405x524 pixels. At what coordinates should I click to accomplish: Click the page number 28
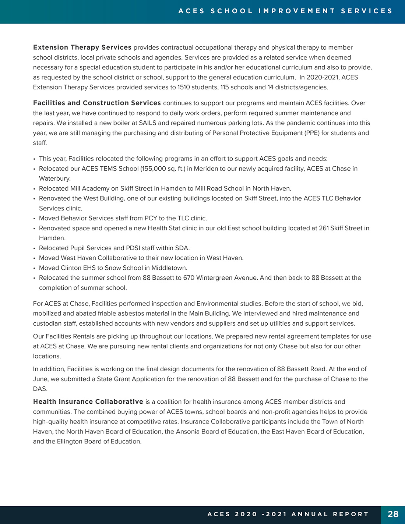click(393, 514)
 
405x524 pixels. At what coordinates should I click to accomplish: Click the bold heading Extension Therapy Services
click(82, 47)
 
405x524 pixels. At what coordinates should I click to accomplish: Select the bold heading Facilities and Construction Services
click(97, 103)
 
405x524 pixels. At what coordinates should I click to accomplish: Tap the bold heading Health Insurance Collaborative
click(88, 402)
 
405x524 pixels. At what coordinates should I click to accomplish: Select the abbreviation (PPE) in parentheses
click(312, 133)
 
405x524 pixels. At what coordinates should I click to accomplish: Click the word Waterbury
click(54, 178)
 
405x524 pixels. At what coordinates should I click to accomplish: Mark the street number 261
click(324, 228)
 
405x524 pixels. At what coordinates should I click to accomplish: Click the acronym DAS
click(40, 389)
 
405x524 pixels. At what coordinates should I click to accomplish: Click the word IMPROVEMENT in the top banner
click(297, 11)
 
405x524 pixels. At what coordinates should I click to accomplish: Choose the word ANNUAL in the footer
click(310, 514)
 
